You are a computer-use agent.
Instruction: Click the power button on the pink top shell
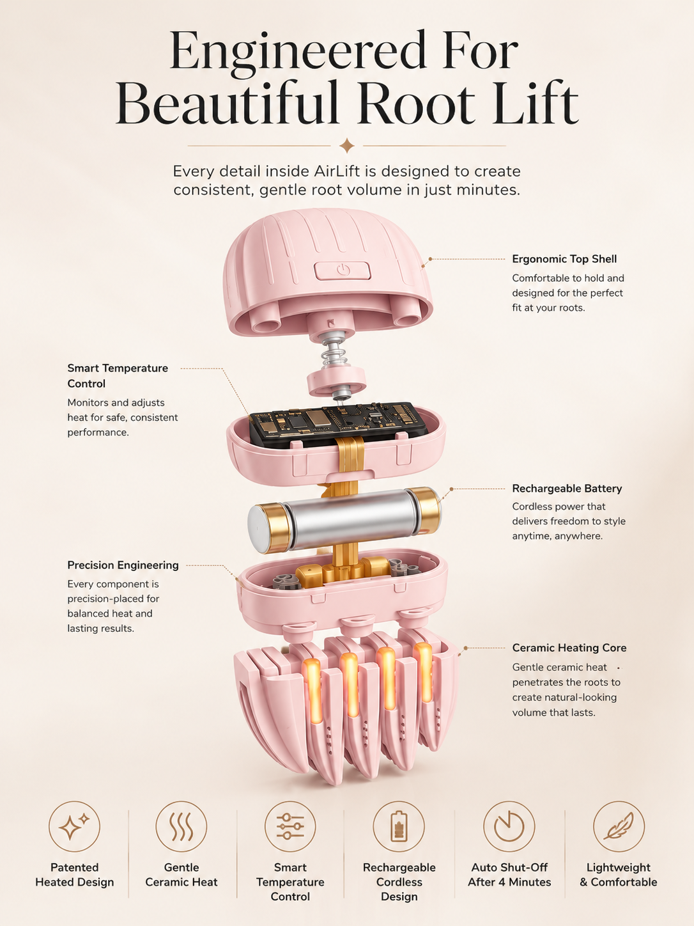click(x=342, y=271)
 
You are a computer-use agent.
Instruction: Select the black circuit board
click(x=337, y=423)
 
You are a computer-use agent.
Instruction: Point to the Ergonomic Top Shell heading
click(x=564, y=259)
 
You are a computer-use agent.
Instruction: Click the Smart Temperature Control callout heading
click(x=118, y=375)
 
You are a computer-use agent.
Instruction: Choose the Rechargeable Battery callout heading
click(x=567, y=488)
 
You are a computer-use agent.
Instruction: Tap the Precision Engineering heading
click(x=123, y=565)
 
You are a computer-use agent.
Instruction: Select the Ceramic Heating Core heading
click(x=569, y=648)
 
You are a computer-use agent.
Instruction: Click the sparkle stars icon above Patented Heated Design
click(x=75, y=826)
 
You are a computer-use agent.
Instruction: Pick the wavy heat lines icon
click(x=181, y=826)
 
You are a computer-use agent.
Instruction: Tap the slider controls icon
click(x=290, y=826)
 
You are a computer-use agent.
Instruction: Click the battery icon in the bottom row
click(x=399, y=826)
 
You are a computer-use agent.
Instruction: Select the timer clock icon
click(x=509, y=826)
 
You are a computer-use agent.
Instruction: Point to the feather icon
click(x=619, y=826)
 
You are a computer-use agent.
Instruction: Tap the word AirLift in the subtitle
click(x=337, y=171)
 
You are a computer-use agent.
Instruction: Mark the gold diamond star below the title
click(x=347, y=146)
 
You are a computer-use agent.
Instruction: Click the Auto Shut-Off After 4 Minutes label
click(x=509, y=875)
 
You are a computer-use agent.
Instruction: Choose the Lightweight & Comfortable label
click(x=618, y=875)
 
